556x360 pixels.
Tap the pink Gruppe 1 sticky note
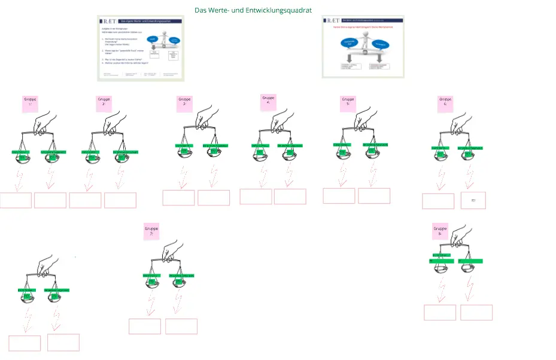[x=30, y=103]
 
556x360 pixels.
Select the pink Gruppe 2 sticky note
[x=104, y=102]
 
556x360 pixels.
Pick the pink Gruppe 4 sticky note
[x=268, y=101]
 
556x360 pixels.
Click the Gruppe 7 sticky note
[x=151, y=232]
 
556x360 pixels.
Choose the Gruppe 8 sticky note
[x=440, y=232]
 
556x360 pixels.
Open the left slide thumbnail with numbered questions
[x=141, y=49]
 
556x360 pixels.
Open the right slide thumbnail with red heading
[x=363, y=46]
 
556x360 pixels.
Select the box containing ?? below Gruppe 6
[x=473, y=200]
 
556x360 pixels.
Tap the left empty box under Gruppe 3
[x=178, y=198]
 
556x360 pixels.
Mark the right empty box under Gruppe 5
[x=374, y=196]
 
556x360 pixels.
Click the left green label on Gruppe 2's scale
[x=90, y=152]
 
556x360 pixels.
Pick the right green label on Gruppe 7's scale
[x=181, y=276]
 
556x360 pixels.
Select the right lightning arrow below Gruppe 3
[x=212, y=177]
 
